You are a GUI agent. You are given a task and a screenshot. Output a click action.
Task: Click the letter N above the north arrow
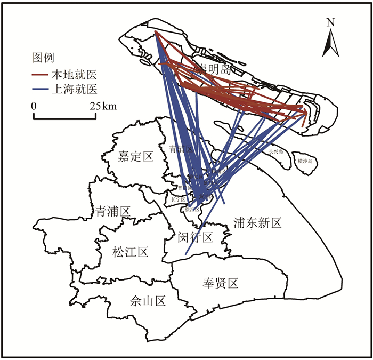pyautogui.click(x=330, y=22)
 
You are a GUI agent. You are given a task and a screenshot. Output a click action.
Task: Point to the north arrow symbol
pyautogui.click(x=330, y=43)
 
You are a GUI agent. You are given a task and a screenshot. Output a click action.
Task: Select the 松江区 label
pyautogui.click(x=130, y=252)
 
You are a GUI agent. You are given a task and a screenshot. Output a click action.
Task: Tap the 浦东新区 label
pyautogui.click(x=257, y=223)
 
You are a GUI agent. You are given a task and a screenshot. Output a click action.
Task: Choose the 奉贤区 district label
pyautogui.click(x=220, y=283)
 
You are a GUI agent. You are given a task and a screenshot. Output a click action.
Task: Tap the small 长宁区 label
pyautogui.click(x=177, y=199)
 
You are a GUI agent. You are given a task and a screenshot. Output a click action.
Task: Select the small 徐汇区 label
pyautogui.click(x=191, y=210)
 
